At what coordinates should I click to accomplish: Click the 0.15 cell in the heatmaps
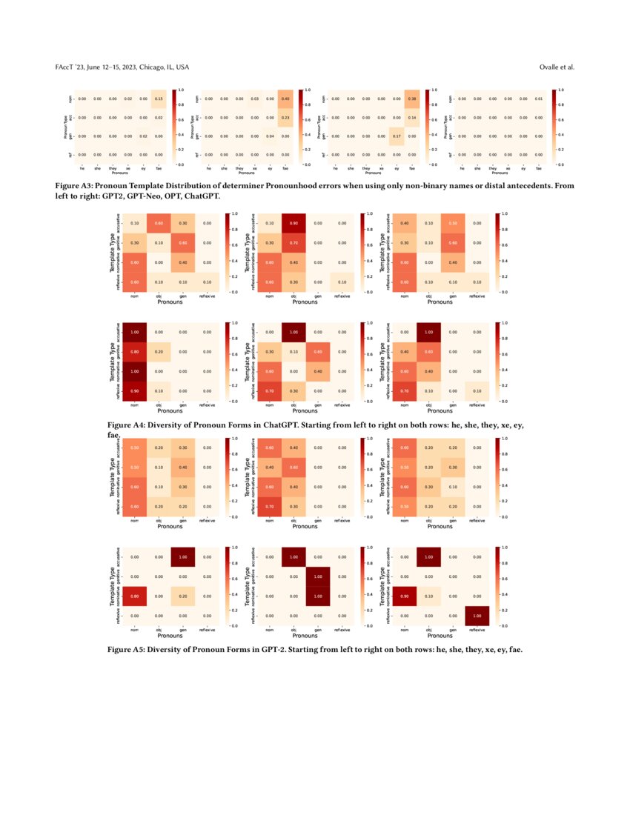[159, 99]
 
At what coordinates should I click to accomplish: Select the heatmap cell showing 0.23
[285, 117]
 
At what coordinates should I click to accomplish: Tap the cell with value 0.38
[411, 99]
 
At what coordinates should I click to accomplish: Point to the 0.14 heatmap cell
[411, 117]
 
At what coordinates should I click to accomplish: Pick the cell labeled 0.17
[396, 136]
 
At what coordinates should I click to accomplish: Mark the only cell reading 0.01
[538, 99]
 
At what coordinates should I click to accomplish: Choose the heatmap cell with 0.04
[270, 136]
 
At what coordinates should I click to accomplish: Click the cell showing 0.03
[254, 99]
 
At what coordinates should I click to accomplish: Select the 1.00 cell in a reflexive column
[478, 616]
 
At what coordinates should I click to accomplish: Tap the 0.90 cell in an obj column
[293, 223]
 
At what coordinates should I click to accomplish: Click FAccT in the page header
[65, 67]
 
